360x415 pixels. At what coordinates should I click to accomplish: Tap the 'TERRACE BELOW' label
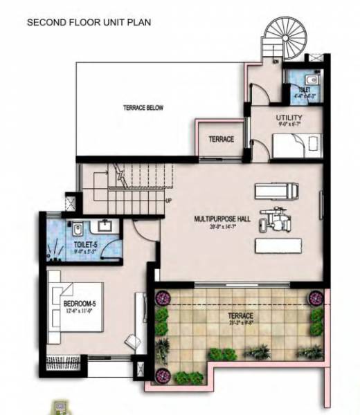tap(143, 108)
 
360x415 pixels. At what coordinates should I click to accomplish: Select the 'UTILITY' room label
tap(287, 118)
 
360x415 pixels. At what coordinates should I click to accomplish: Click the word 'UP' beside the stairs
tap(168, 201)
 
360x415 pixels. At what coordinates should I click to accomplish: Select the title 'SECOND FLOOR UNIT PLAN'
tap(89, 23)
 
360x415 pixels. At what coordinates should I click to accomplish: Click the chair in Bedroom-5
tap(132, 341)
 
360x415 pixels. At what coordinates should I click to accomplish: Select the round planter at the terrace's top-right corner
tap(316, 298)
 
